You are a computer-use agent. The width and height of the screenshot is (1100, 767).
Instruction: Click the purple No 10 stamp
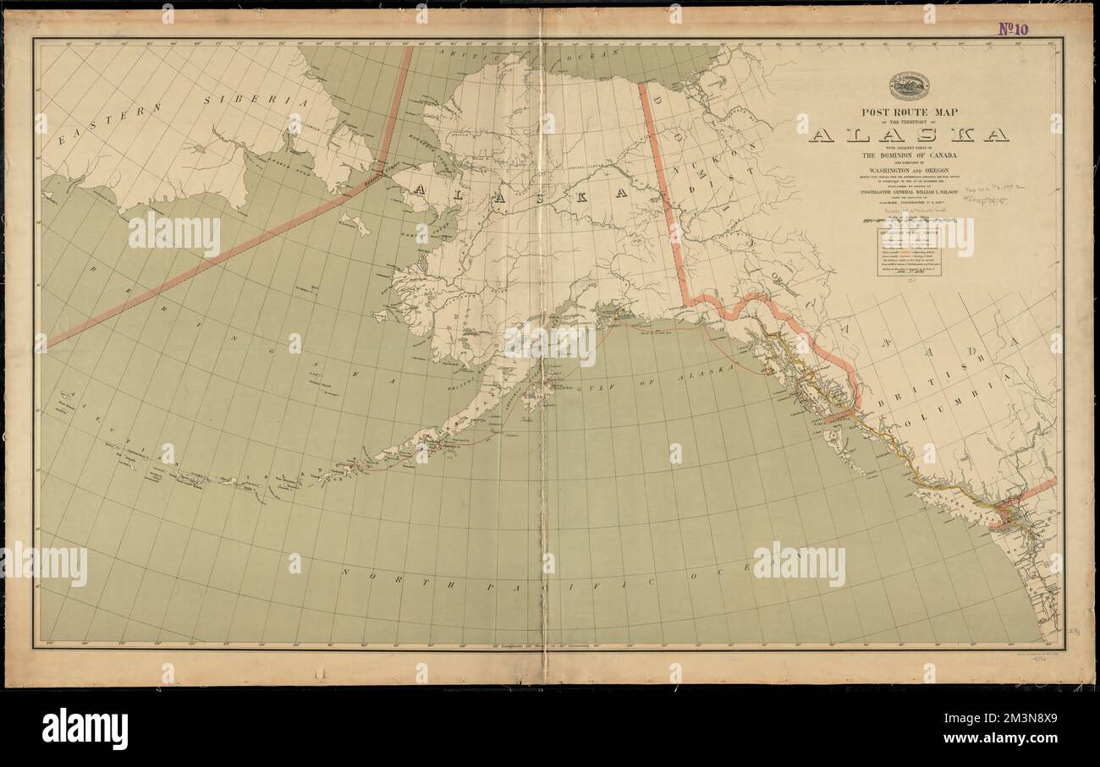coord(1013,28)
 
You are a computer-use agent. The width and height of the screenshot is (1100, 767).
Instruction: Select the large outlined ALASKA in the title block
coord(909,134)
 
